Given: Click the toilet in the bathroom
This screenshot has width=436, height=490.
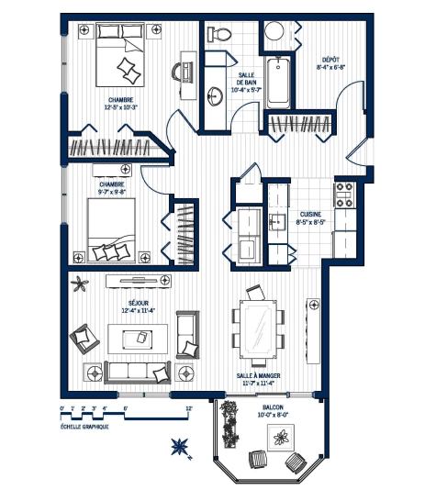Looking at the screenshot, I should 219,34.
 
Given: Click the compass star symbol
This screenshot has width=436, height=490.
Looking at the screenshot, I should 180,448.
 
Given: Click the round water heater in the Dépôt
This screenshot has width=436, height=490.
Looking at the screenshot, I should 274,33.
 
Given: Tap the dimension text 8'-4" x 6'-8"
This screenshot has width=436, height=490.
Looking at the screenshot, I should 331,66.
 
